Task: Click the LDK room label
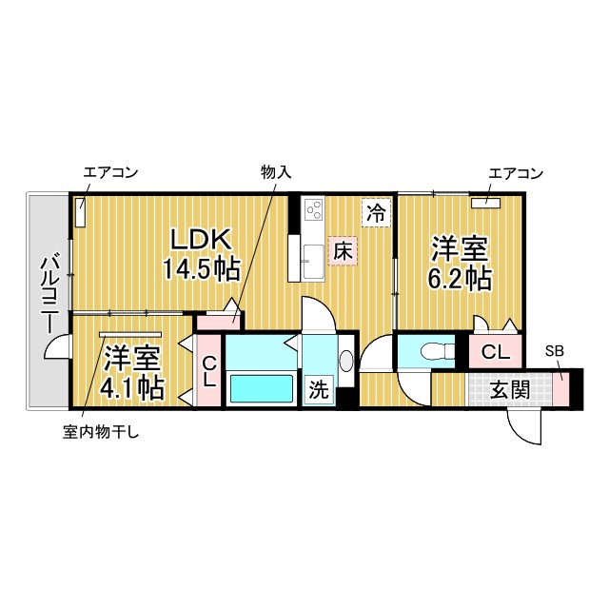coord(202,241)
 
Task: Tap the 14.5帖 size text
coord(201,269)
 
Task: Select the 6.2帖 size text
coord(460,279)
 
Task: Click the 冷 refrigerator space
coord(376,213)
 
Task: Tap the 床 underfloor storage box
coord(343,251)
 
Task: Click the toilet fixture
coord(438,351)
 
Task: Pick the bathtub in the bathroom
coord(262,388)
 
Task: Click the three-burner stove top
coord(314,210)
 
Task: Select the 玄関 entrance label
coord(510,389)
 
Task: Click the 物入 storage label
coord(276,172)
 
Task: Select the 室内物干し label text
coord(101,432)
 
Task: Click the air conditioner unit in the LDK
coord(80,212)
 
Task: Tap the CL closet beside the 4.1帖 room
coord(209,372)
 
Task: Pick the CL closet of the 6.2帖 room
coord(495,352)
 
